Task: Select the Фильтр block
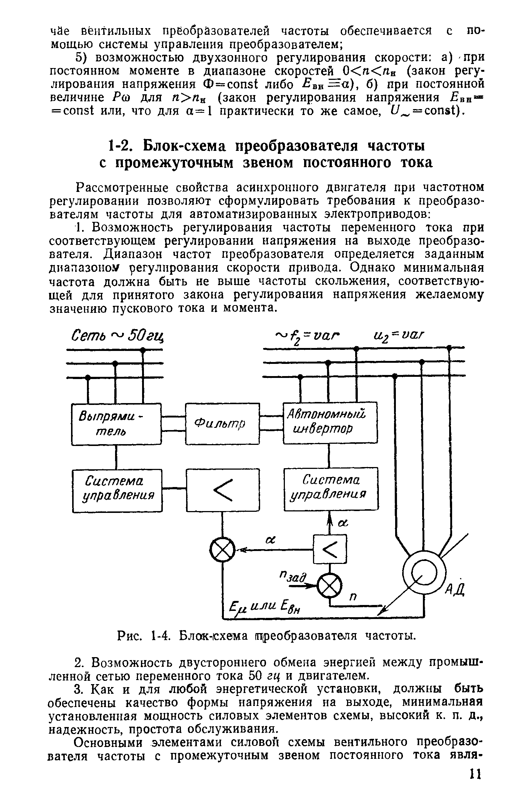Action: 222,423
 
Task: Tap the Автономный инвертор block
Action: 330,422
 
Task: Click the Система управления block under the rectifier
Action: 117,490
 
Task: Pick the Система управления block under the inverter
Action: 331,489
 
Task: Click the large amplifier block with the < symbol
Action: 223,490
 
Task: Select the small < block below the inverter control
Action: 330,549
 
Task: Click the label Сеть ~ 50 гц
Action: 118,336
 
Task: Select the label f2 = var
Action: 308,336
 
